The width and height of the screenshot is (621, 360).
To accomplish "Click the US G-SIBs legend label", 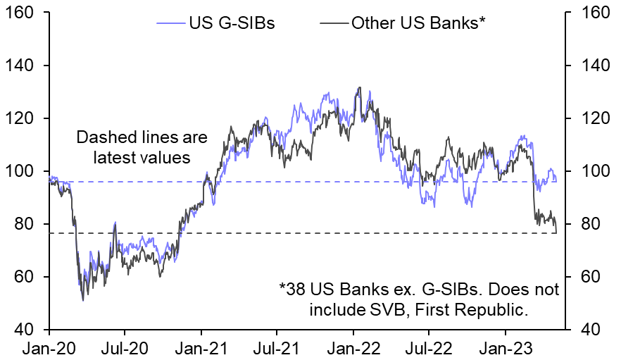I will (231, 23).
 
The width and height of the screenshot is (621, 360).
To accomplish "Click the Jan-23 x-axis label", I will (506, 347).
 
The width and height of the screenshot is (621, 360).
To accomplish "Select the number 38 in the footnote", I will (296, 290).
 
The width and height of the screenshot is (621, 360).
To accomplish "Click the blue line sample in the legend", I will (171, 23).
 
